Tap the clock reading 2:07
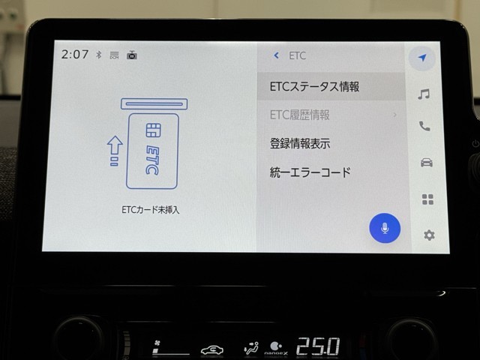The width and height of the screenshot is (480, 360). (x=75, y=55)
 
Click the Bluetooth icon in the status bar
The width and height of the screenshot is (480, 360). (x=98, y=55)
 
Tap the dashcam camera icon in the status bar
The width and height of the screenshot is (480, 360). (x=132, y=55)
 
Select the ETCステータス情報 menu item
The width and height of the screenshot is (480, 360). (x=314, y=87)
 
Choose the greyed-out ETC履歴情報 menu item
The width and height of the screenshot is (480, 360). (x=300, y=115)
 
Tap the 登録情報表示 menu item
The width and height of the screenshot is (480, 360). (x=300, y=143)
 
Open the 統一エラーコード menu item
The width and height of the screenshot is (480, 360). (x=310, y=172)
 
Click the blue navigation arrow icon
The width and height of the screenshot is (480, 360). (x=422, y=57)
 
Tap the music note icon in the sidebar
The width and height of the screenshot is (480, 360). (x=424, y=94)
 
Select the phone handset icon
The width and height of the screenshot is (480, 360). (x=424, y=126)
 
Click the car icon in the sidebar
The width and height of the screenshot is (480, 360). (x=427, y=162)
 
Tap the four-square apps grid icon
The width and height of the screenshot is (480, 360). (x=427, y=199)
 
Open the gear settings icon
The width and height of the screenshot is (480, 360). (x=429, y=235)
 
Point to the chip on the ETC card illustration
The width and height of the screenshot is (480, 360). (x=153, y=130)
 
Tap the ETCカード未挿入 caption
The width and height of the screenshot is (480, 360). (x=150, y=210)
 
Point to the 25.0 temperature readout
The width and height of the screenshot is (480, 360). (x=318, y=346)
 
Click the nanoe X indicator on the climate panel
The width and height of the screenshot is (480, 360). (x=276, y=349)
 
